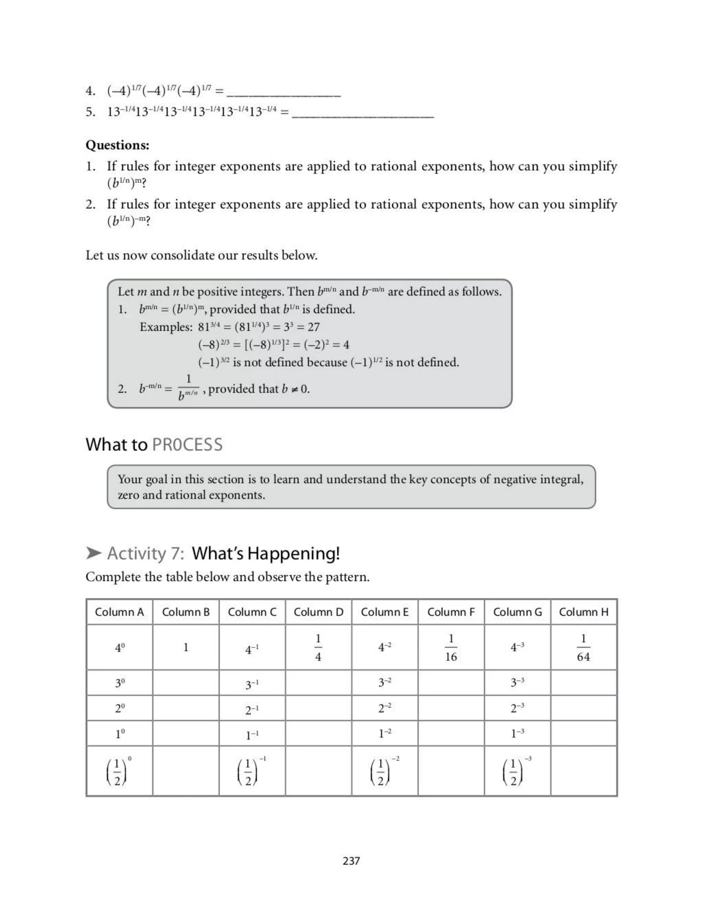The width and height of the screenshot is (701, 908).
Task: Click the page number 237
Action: pyautogui.click(x=351, y=861)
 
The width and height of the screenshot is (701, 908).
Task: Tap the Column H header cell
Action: pyautogui.click(x=584, y=612)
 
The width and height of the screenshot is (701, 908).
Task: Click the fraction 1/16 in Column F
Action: pyautogui.click(x=451, y=648)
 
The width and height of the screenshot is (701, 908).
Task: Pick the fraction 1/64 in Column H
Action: pyautogui.click(x=584, y=648)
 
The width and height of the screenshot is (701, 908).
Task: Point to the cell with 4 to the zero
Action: pyautogui.click(x=119, y=648)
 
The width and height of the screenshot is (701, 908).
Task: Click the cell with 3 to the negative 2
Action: pyautogui.click(x=384, y=683)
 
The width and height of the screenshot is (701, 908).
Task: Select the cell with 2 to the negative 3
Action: pyautogui.click(x=517, y=708)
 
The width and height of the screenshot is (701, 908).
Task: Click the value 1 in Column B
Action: pyautogui.click(x=186, y=647)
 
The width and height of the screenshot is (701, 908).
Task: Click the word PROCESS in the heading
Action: pyautogui.click(x=187, y=444)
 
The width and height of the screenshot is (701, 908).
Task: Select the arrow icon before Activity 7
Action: pyautogui.click(x=94, y=553)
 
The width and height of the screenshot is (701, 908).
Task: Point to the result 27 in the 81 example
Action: pyautogui.click(x=314, y=327)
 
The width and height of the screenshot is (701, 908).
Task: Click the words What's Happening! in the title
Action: pyautogui.click(x=266, y=553)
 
